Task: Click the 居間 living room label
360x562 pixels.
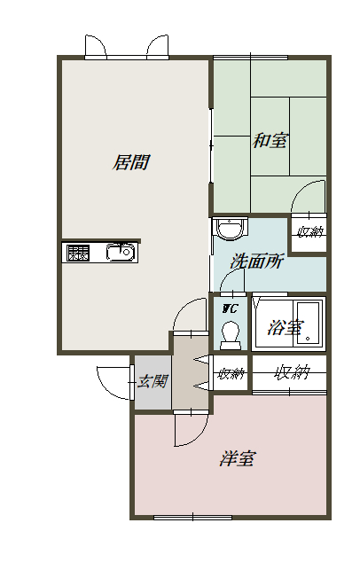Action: (x=131, y=162)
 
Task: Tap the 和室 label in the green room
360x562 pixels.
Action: (x=270, y=140)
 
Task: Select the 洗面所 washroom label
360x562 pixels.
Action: (x=257, y=261)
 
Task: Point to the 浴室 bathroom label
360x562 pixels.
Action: (x=286, y=328)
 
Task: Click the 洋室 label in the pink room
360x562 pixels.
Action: (x=238, y=458)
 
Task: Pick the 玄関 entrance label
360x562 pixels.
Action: (x=153, y=381)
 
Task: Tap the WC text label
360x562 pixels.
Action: (x=230, y=308)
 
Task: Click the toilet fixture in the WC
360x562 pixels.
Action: (x=231, y=335)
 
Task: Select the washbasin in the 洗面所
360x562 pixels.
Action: (x=230, y=229)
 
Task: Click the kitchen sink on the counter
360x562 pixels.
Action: (x=121, y=252)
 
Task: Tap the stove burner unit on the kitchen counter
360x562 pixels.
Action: (x=78, y=253)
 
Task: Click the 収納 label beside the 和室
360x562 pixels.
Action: (x=310, y=231)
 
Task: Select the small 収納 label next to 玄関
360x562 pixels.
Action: (x=231, y=374)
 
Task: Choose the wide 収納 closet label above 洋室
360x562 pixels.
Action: (x=292, y=373)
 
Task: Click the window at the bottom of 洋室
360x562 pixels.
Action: (x=193, y=518)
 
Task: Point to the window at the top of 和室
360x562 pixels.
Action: (x=251, y=58)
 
